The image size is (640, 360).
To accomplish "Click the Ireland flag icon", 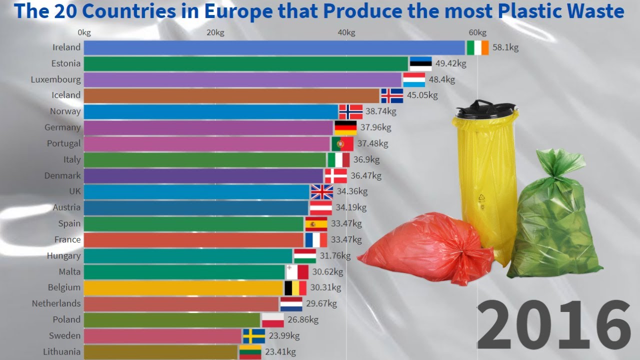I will click(477, 47).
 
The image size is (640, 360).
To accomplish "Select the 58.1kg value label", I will click(505, 47).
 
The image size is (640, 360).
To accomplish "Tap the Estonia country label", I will click(65, 63).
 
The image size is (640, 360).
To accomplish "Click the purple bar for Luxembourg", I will click(242, 79).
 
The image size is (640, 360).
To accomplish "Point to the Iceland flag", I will click(392, 95).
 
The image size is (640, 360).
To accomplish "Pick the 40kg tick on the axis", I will click(346, 33).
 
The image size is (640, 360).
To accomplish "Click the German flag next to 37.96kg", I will click(345, 127).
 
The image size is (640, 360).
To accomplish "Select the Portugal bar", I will click(206, 143).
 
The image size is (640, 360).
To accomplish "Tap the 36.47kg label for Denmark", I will click(366, 175).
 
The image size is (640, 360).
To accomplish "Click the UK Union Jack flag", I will click(322, 191).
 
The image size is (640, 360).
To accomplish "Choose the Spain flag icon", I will click(316, 223).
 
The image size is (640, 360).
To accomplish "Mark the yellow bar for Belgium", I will click(183, 287).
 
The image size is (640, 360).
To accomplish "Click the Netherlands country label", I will click(56, 303).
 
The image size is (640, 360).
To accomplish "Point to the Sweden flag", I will click(254, 335).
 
